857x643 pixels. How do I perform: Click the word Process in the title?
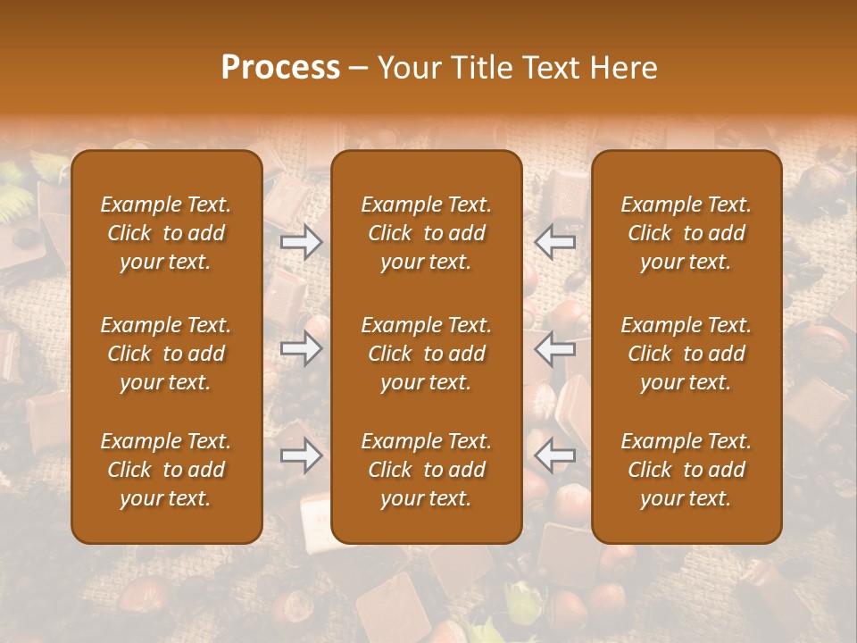pos(280,68)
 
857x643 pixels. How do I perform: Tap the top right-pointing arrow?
pos(302,242)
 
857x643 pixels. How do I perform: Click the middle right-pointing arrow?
pos(302,349)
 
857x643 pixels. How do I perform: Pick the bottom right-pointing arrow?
pos(302,456)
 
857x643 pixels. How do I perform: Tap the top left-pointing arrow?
pos(555,242)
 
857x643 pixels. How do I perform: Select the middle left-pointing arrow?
pos(555,349)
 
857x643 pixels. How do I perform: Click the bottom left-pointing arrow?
pos(555,456)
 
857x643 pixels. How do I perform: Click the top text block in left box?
pos(166,233)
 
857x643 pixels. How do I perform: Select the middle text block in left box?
pos(166,354)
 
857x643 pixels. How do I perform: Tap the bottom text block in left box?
pos(166,470)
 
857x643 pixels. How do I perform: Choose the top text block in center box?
pos(426,233)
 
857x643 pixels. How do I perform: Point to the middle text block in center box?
pos(426,354)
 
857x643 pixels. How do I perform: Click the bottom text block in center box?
pos(426,470)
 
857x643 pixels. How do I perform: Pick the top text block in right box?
pos(686,233)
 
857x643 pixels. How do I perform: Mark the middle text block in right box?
pos(686,354)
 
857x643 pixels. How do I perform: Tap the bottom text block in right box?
pos(686,470)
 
